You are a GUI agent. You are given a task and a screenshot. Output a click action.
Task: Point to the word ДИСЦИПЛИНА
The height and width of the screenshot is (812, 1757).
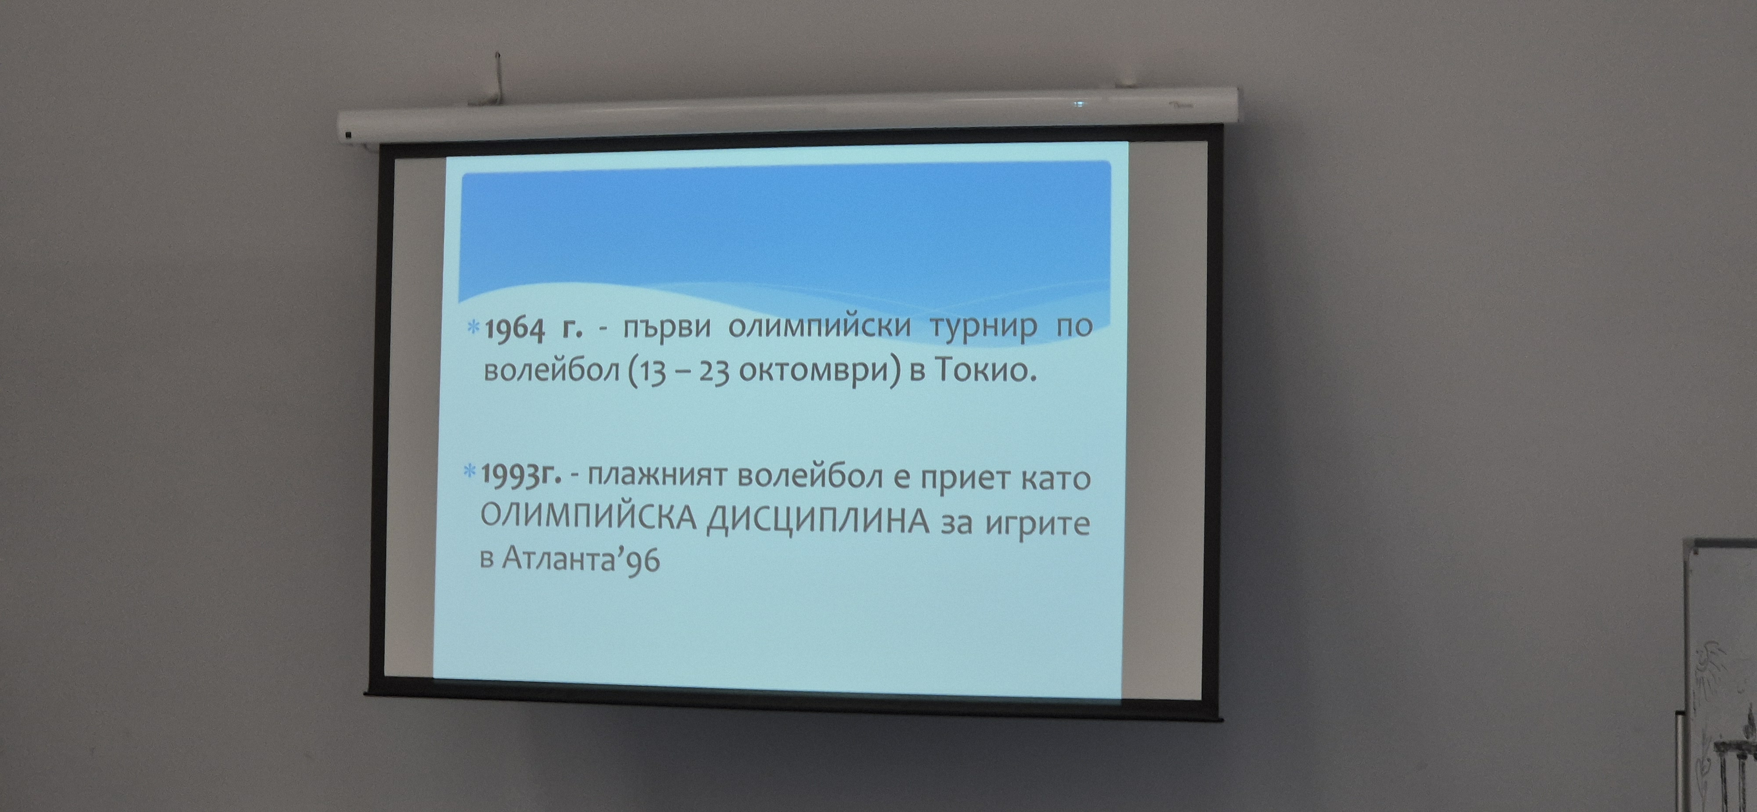pos(818,523)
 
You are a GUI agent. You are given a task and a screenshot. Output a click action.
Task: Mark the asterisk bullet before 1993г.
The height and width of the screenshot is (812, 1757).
pos(470,471)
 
